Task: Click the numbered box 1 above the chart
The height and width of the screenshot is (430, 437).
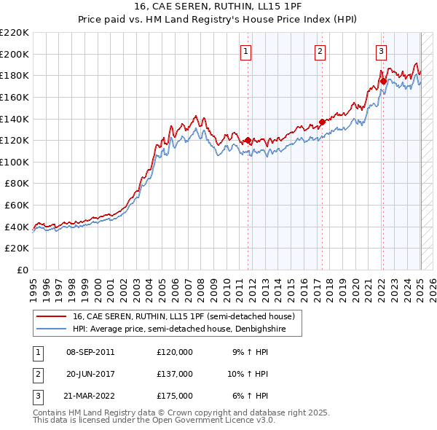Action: pos(246,51)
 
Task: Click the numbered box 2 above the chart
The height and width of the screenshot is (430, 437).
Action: pos(320,51)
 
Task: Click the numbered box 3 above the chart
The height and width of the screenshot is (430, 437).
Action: pos(382,51)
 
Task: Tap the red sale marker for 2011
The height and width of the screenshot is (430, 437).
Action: pos(248,140)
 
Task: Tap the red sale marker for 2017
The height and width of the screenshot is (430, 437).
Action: pos(322,122)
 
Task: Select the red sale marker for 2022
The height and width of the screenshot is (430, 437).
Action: pos(383,81)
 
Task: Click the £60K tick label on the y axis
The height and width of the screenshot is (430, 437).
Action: pos(17,206)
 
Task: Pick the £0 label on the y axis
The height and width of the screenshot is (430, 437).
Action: pos(23,270)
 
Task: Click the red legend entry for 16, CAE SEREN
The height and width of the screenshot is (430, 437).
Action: pos(182,316)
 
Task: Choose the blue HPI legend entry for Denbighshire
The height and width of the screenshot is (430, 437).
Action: pos(175,329)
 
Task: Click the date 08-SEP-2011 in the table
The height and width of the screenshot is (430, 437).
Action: pos(90,352)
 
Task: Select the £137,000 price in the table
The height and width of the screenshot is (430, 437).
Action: pos(175,374)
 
